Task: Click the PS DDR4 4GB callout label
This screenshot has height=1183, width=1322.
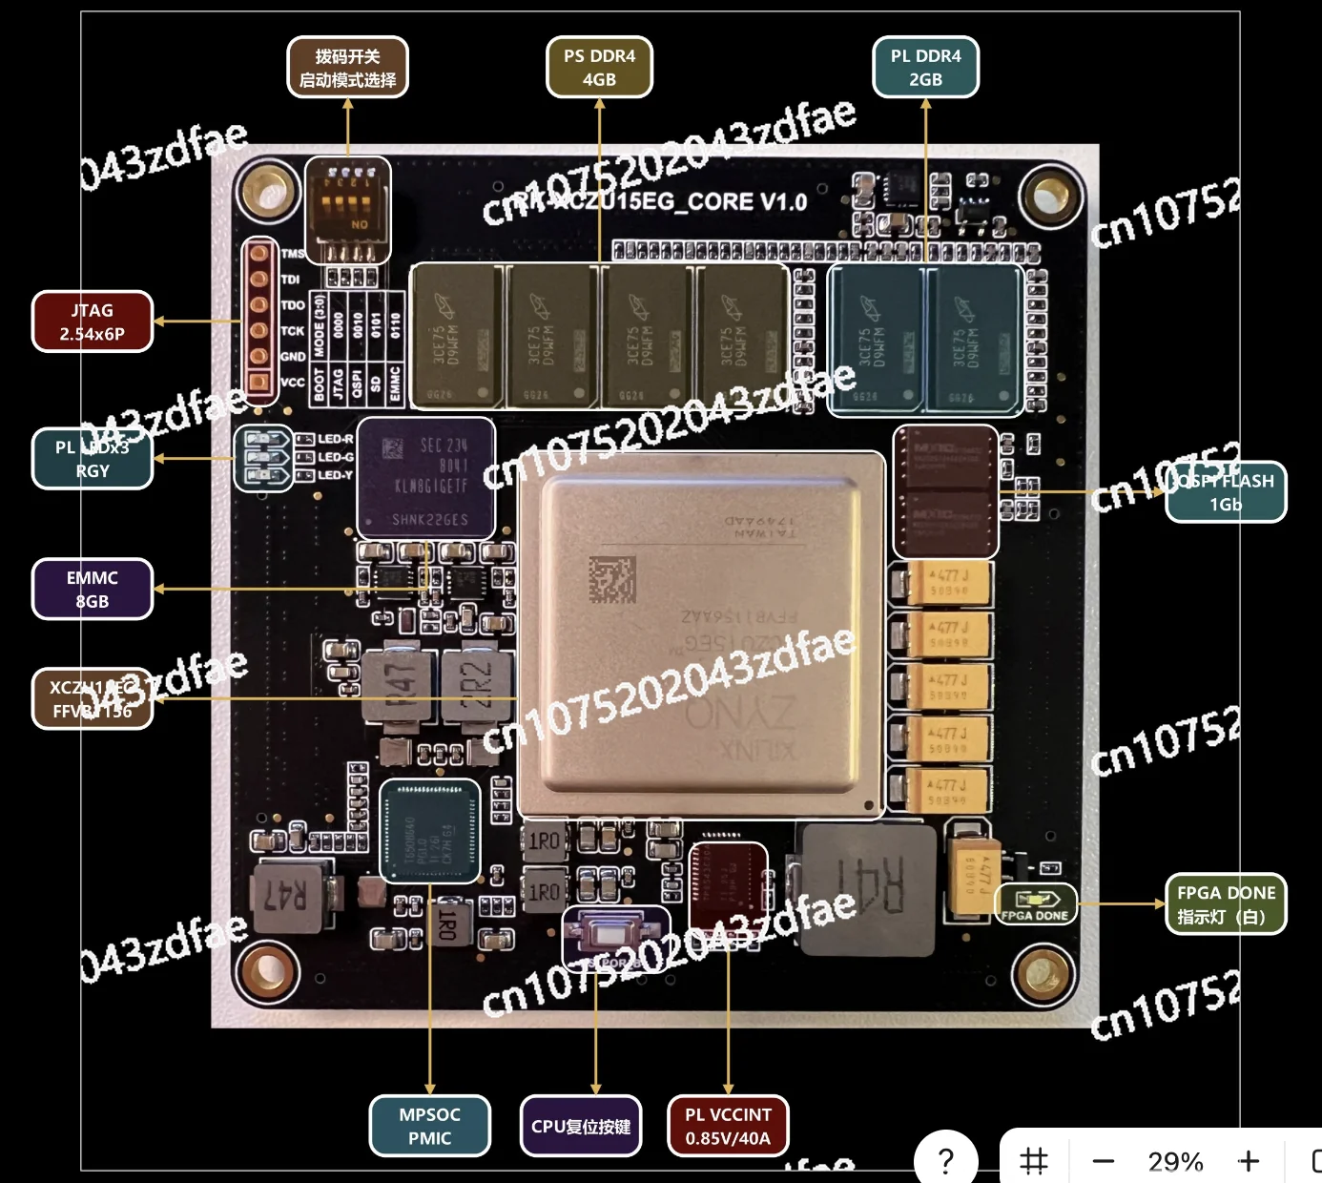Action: tap(599, 67)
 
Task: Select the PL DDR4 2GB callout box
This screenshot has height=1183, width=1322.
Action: tap(925, 67)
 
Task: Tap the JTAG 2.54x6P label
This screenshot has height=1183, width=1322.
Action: tap(93, 322)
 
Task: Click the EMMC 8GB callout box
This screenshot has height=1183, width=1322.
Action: tap(93, 589)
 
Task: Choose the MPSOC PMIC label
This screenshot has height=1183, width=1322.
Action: tap(429, 1126)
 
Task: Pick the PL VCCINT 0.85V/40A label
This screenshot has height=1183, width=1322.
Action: tap(728, 1126)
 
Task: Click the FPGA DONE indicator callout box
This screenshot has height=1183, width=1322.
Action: tap(1226, 903)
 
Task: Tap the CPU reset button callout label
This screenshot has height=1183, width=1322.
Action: tap(581, 1126)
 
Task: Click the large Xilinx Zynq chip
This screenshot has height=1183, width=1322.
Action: tap(701, 634)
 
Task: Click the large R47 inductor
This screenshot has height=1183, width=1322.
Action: tap(284, 895)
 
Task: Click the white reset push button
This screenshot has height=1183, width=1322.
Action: tap(615, 932)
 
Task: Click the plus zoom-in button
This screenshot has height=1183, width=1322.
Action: tap(1248, 1161)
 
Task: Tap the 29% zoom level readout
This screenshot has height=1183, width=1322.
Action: tap(1175, 1161)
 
